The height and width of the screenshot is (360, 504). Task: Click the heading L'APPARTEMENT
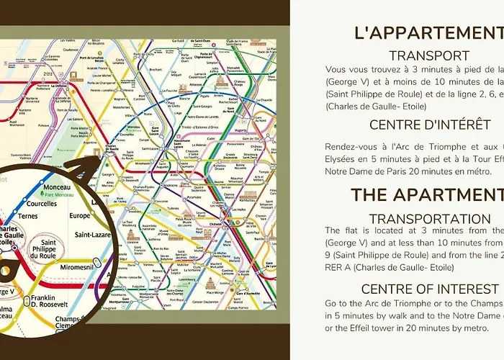(428, 34)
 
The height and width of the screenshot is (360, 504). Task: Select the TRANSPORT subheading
(429, 55)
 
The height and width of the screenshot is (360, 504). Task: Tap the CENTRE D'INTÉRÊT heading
(430, 125)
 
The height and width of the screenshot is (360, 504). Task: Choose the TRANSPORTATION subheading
(430, 218)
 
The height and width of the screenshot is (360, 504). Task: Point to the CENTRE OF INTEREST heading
(430, 289)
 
